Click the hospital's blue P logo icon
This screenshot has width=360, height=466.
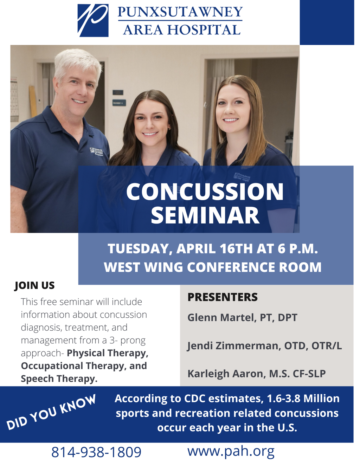[93, 20]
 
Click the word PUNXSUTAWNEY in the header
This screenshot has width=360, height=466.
[180, 12]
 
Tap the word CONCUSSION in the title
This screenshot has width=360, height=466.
[205, 192]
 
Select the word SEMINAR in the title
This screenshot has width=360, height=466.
[205, 215]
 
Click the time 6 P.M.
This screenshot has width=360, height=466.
[297, 248]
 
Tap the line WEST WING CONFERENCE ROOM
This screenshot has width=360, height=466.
[212, 267]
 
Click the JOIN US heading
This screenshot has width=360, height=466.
[34, 285]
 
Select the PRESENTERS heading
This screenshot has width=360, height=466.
[222, 297]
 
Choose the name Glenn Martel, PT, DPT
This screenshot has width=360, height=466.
[242, 317]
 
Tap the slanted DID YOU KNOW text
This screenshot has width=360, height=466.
[51, 412]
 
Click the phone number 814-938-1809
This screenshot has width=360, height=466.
[96, 452]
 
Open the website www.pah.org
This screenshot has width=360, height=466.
[231, 451]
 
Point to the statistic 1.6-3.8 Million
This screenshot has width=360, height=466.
[303, 399]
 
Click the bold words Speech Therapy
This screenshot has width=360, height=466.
[59, 378]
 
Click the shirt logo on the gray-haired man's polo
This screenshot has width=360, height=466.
[97, 151]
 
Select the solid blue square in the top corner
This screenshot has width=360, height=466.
[327, 22]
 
